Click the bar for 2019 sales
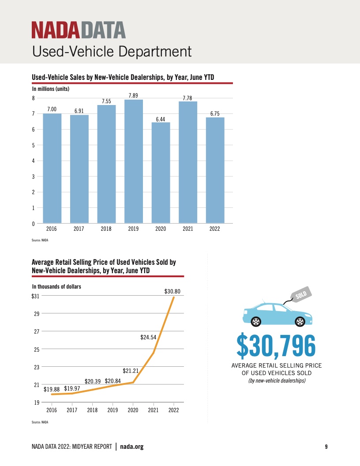pyautogui.click(x=134, y=161)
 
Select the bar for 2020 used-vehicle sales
pyautogui.click(x=161, y=173)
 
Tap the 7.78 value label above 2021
pyautogui.click(x=187, y=98)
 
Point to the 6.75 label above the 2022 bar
pyautogui.click(x=215, y=114)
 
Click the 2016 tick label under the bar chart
pyautogui.click(x=52, y=229)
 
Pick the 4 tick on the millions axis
pyautogui.click(x=33, y=161)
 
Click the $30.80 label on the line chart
pyautogui.click(x=172, y=291)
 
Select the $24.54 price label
pyautogui.click(x=149, y=337)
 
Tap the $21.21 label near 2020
pyautogui.click(x=131, y=371)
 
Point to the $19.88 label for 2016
pyautogui.click(x=52, y=389)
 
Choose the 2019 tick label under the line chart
pyautogui.click(x=112, y=410)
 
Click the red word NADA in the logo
pyautogui.click(x=55, y=30)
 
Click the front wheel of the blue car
pyautogui.click(x=300, y=321)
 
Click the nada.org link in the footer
pyautogui.click(x=132, y=447)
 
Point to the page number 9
pyautogui.click(x=326, y=447)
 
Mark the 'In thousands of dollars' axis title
pyautogui.click(x=56, y=286)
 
